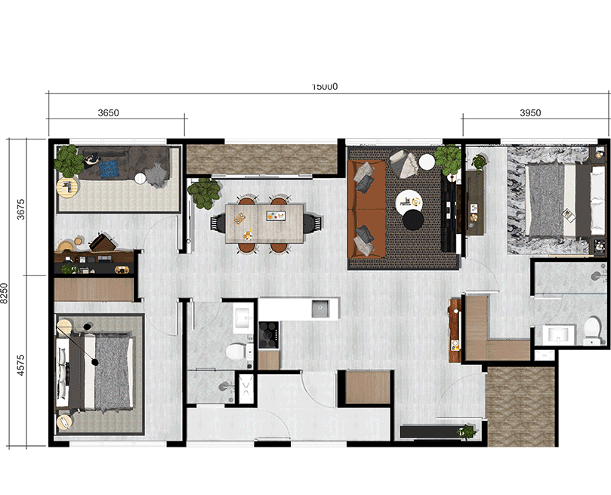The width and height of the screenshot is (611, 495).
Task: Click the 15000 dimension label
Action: pyautogui.click(x=325, y=86)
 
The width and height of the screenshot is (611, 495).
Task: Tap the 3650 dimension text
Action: pyautogui.click(x=109, y=113)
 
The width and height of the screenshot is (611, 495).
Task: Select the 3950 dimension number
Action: pyautogui.click(x=530, y=113)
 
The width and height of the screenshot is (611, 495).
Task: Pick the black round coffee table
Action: pyautogui.click(x=413, y=220)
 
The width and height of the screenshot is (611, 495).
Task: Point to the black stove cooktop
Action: pyautogui.click(x=269, y=334)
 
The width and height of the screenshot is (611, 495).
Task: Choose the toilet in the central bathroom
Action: pyautogui.click(x=238, y=351)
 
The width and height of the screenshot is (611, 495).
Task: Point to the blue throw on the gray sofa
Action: pyautogui.click(x=110, y=167)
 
